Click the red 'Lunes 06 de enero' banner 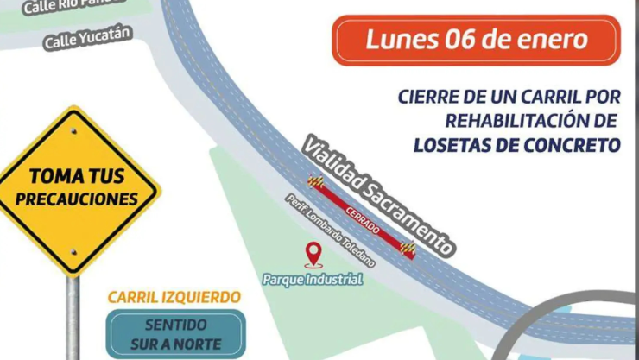477,41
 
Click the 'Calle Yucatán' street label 87,36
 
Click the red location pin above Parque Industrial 313,254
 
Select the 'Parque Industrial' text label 313,280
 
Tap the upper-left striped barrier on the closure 316,182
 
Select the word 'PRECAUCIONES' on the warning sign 76,199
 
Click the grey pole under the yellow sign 73,319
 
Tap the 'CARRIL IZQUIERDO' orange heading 174,297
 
